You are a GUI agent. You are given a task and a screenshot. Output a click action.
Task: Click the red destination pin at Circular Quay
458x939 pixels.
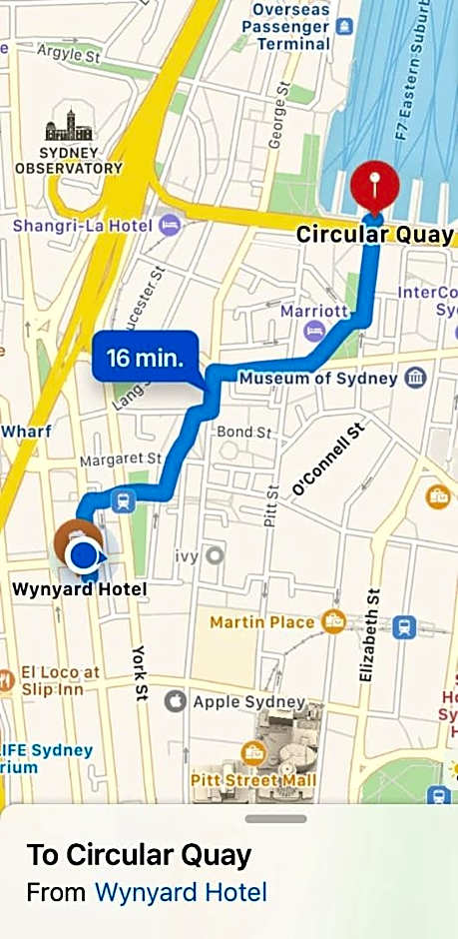(x=374, y=186)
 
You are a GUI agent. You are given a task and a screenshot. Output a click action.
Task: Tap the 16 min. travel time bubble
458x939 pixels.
(x=145, y=358)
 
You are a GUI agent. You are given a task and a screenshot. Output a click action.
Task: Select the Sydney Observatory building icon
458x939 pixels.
(x=68, y=125)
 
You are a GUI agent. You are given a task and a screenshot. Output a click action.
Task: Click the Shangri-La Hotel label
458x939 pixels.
(x=83, y=226)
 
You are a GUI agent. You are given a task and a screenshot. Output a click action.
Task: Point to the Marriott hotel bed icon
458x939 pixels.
(x=314, y=330)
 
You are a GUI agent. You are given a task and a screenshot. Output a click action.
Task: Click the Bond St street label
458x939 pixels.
(x=244, y=433)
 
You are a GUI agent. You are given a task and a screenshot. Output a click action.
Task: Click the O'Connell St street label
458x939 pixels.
(x=329, y=460)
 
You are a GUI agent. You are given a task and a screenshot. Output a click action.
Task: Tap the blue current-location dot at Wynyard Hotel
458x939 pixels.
(x=87, y=552)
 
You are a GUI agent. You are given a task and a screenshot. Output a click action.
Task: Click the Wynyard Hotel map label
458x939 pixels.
(x=79, y=589)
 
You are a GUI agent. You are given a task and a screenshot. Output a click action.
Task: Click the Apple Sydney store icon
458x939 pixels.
(x=175, y=701)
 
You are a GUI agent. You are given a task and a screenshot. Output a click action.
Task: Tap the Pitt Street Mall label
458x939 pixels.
(x=253, y=779)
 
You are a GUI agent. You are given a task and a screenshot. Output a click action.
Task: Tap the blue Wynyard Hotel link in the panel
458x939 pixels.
(x=181, y=892)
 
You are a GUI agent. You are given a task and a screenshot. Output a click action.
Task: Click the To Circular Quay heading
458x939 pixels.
(x=139, y=855)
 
